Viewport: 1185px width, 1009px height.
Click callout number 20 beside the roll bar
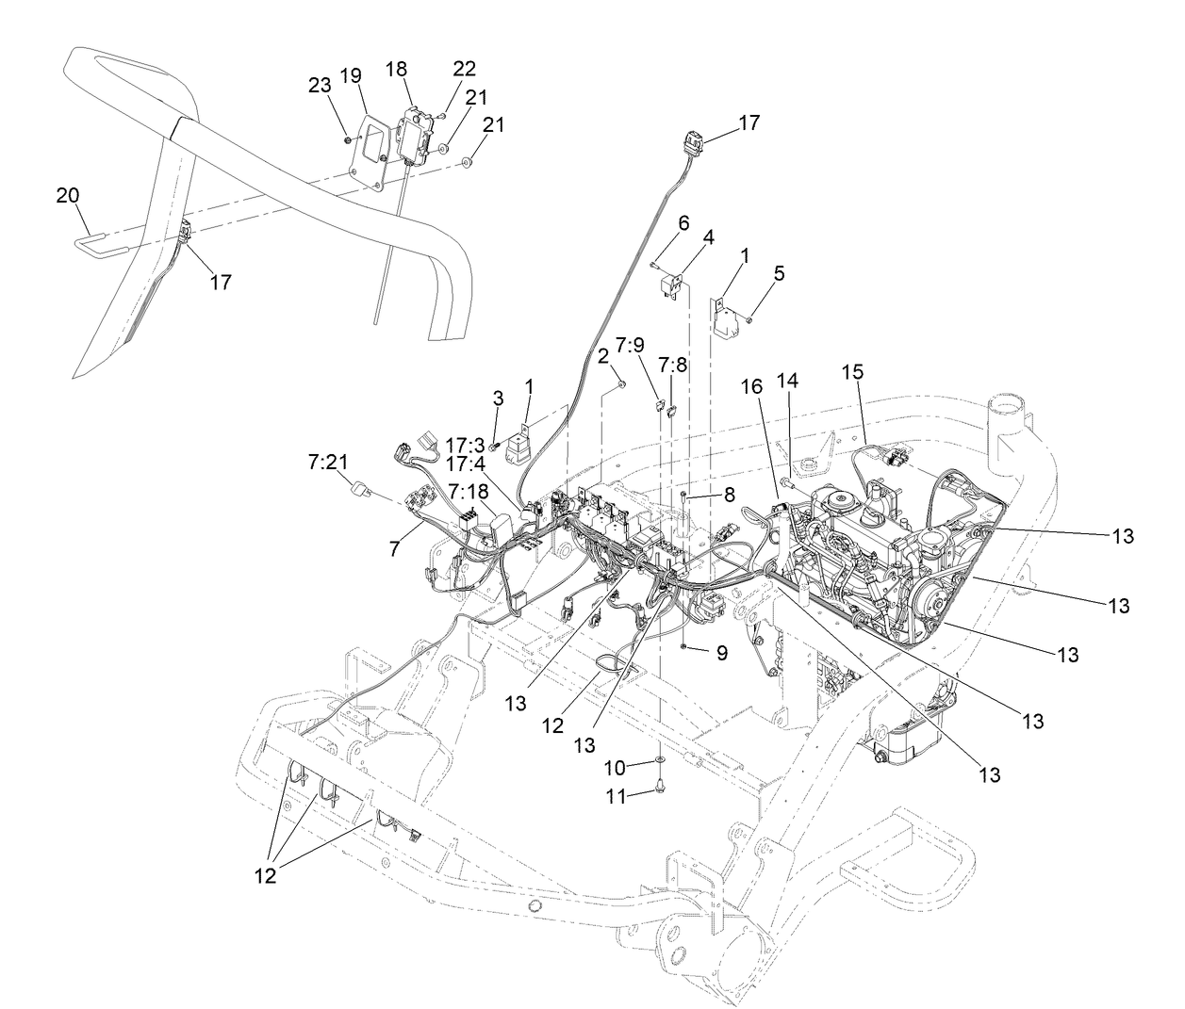tap(68, 195)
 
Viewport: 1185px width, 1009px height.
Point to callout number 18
tap(396, 70)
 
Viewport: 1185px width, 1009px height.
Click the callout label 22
tap(465, 70)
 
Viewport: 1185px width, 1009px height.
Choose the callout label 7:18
tap(468, 491)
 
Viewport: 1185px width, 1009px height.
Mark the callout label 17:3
tap(465, 444)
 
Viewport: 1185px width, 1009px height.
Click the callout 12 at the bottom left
tap(265, 876)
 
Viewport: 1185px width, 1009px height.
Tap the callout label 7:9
tap(631, 343)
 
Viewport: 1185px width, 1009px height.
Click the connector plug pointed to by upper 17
tap(693, 144)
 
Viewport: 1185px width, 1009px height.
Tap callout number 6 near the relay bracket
tap(683, 222)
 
